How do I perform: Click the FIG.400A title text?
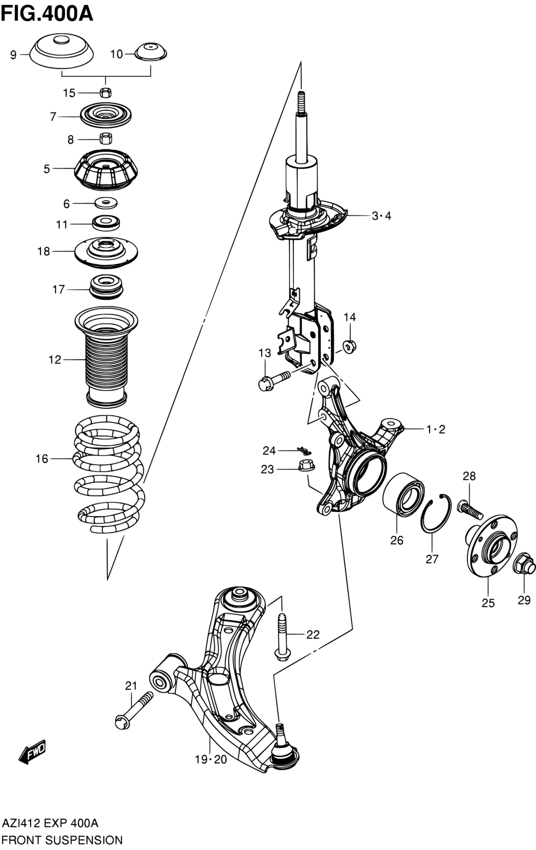point(47,14)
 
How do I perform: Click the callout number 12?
point(54,359)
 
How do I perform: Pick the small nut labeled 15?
point(106,92)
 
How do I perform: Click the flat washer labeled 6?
point(106,203)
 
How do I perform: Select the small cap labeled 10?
point(151,52)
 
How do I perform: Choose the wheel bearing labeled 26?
point(403,494)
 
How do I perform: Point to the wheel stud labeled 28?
point(471,509)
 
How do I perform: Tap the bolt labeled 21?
point(134,710)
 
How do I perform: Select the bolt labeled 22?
point(282,637)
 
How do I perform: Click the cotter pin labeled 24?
point(305,450)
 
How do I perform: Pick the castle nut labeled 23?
point(306,465)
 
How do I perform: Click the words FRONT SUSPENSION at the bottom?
point(62,840)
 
